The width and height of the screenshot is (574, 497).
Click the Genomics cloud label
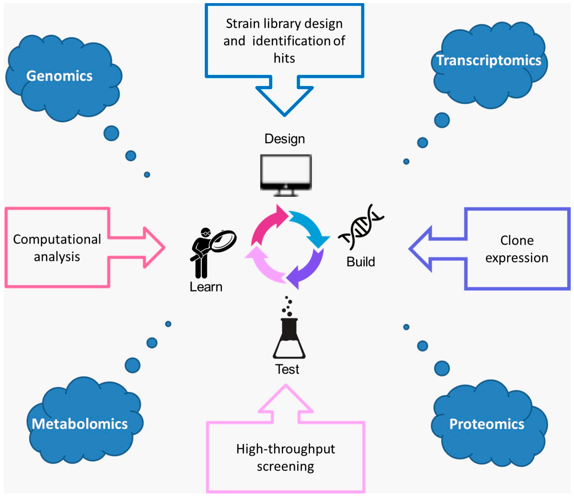pyautogui.click(x=59, y=76)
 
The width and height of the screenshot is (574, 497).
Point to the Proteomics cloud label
pyautogui.click(x=487, y=424)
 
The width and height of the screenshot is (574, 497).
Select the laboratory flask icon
pyautogui.click(x=289, y=328)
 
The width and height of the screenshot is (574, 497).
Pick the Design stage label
pyautogui.click(x=285, y=139)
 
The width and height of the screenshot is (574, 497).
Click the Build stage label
pyautogui.click(x=361, y=262)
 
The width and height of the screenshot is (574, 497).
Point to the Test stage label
pyautogui.click(x=287, y=369)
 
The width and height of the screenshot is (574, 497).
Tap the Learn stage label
pyautogui.click(x=206, y=287)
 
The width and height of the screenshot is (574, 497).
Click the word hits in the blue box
pyautogui.click(x=284, y=58)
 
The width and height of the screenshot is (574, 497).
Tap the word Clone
pyautogui.click(x=517, y=240)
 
